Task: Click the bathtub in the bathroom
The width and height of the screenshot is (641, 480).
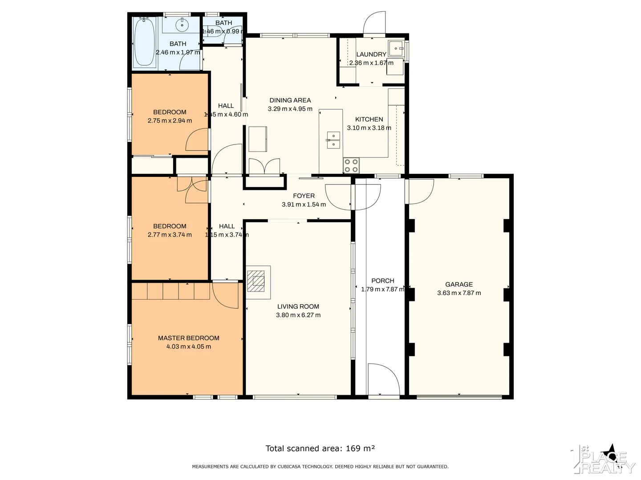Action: pos(144,42)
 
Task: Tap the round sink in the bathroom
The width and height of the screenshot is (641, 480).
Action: pos(182,25)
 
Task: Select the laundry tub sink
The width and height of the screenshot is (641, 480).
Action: pos(395,48)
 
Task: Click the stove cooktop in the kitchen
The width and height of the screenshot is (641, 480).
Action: pos(351,165)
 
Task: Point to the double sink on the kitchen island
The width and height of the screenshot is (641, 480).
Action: pos(333,140)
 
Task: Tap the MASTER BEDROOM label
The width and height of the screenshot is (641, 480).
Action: pos(188,338)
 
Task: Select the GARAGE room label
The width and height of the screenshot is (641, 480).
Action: pos(459,284)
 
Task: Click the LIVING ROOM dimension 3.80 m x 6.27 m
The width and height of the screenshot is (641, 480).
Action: pos(298,315)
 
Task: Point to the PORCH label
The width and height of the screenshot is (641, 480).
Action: pos(382,280)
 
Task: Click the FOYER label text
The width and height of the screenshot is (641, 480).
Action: pos(304,196)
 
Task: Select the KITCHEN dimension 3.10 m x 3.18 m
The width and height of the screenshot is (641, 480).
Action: pos(369,128)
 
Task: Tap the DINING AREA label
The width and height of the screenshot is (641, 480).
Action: pos(290,100)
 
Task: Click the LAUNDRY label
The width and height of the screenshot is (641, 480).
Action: pos(371,54)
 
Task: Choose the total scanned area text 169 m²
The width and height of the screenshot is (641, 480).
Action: pos(320,448)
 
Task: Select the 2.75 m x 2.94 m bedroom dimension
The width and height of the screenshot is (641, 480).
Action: pos(170,120)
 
